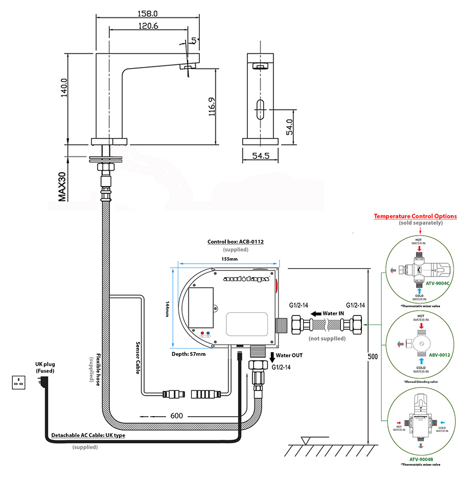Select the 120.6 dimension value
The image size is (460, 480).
pyautogui.click(x=148, y=25)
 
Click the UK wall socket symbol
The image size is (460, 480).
pyautogui.click(x=19, y=381)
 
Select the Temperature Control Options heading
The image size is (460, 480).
pyautogui.click(x=415, y=216)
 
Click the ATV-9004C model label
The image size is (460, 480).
pyautogui.click(x=438, y=289)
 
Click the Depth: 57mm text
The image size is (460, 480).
pyautogui.click(x=189, y=353)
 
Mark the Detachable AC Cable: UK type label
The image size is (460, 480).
pyautogui.click(x=88, y=436)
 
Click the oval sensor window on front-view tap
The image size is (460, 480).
pyautogui.click(x=261, y=109)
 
